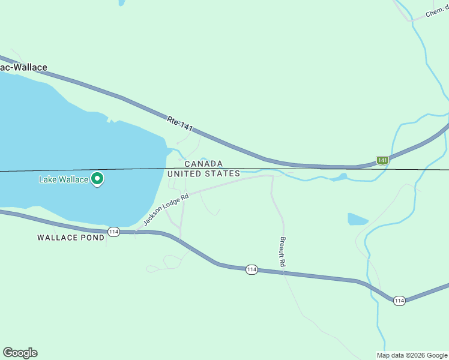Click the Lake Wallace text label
pos(63,179)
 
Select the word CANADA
pos(203,164)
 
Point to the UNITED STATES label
pos(203,173)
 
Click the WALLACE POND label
pos(71,238)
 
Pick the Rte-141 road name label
pos(181,124)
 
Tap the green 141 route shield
pos(382,160)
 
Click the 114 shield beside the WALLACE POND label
pos(113,231)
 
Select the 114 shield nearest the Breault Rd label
pos(252,270)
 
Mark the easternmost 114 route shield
pos(399,300)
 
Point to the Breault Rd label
pos(282,251)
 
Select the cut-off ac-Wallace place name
pos(23,68)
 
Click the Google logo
pos(20,353)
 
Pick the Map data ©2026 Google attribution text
pos(412,355)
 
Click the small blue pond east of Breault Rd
pos(357,219)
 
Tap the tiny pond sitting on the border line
pos(340,177)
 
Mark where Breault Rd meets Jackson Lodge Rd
pos(272,176)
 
